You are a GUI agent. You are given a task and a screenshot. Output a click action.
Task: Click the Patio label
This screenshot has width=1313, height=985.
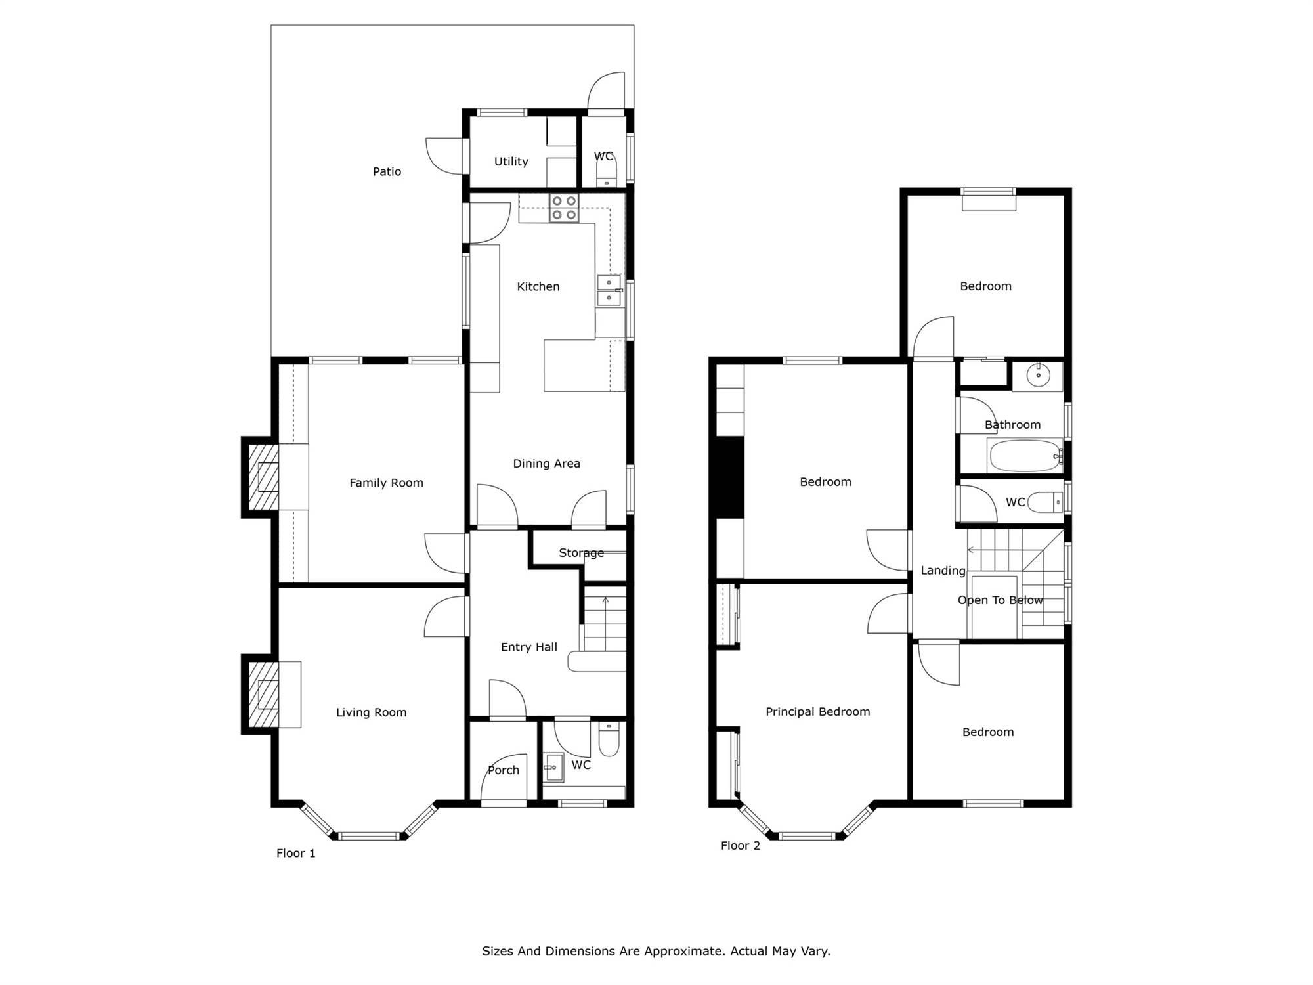tap(387, 171)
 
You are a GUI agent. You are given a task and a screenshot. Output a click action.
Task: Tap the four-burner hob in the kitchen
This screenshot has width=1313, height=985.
tap(565, 208)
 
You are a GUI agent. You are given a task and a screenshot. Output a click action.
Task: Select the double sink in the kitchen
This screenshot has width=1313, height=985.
tap(609, 290)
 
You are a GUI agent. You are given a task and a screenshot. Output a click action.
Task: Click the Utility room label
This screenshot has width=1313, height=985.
tap(511, 162)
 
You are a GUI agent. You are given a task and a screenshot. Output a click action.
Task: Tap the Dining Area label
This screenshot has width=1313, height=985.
tap(546, 464)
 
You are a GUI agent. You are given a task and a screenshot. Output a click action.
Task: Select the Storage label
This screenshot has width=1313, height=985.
tap(581, 553)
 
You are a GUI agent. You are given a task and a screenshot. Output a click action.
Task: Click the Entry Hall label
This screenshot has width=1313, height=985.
tap(528, 647)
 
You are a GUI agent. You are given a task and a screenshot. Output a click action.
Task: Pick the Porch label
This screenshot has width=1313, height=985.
tap(503, 770)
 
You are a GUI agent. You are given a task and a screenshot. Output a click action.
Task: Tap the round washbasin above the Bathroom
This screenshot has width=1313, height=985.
tap(1038, 376)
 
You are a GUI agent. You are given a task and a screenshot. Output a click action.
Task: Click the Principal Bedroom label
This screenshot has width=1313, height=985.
tap(817, 712)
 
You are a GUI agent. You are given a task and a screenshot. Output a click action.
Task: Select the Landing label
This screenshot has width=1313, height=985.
tap(943, 571)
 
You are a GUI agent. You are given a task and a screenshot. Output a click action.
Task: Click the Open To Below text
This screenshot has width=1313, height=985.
tap(1000, 600)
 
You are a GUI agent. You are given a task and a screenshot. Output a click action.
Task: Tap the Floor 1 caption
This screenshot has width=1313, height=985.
tap(295, 853)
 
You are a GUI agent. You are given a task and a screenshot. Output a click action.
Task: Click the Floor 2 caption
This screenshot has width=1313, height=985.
tap(740, 846)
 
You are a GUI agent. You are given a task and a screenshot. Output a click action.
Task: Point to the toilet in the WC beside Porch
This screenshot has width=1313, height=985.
tap(609, 739)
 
